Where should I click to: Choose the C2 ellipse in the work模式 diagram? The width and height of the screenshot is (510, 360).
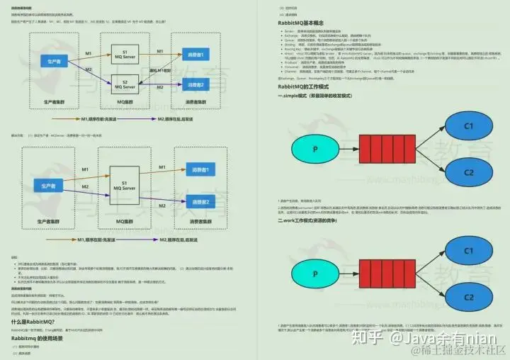[468, 293]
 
